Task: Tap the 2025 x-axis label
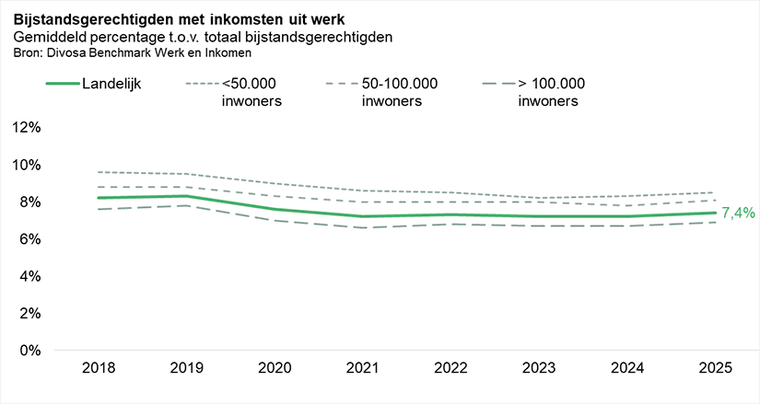point(714,368)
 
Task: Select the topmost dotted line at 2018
point(98,172)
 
